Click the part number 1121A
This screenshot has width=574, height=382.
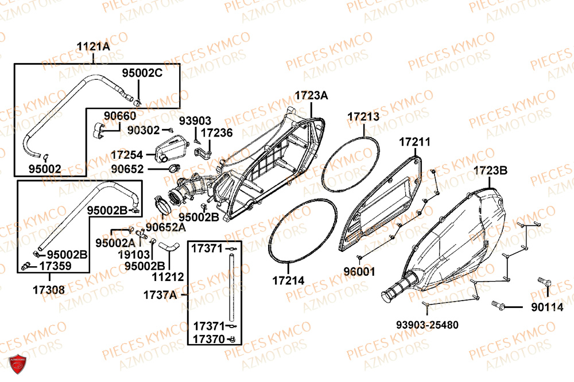click(x=94, y=47)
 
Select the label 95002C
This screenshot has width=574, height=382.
click(x=142, y=73)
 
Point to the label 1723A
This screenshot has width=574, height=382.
click(x=312, y=95)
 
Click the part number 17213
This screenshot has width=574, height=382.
click(x=363, y=117)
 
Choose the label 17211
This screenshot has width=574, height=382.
click(x=414, y=141)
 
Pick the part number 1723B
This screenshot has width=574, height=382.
click(x=491, y=170)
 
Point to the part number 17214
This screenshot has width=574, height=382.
click(x=288, y=280)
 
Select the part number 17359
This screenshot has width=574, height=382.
click(x=55, y=266)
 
